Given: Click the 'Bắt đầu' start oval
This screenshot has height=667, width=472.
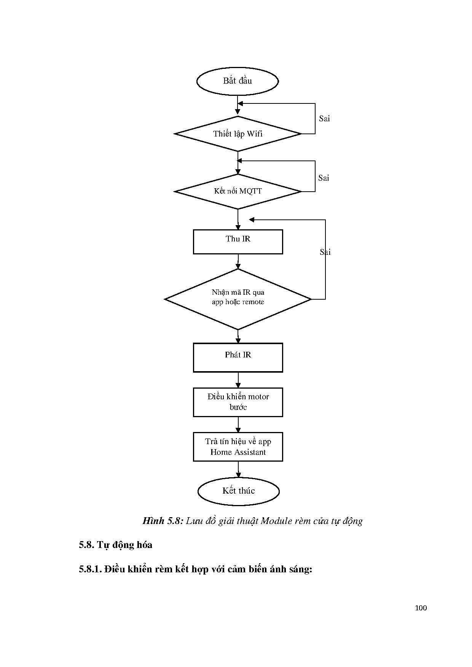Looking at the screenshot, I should [x=238, y=81].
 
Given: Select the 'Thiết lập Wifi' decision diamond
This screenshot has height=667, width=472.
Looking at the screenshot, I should [x=238, y=134].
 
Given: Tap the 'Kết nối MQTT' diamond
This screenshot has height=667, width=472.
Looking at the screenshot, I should [x=238, y=191].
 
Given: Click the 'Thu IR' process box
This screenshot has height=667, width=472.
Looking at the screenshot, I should [x=238, y=241].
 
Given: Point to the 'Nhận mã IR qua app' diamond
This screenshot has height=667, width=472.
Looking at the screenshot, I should [x=238, y=299].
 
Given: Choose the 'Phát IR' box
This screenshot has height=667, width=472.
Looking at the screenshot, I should [x=238, y=357].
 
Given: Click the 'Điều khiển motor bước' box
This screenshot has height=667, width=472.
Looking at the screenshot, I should [x=238, y=402].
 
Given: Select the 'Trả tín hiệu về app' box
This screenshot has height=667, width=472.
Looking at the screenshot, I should [x=238, y=446].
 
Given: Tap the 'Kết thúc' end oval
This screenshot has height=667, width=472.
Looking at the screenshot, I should [x=239, y=491].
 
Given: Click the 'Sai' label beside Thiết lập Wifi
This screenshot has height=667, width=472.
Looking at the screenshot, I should [x=324, y=119].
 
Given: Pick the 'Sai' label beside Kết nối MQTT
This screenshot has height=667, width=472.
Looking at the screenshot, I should [x=324, y=178].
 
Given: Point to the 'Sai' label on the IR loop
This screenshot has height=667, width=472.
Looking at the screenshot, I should [x=325, y=252].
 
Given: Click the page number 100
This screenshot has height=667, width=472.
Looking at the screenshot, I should [x=421, y=608].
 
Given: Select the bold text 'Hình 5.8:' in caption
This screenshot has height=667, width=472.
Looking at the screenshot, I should [x=163, y=521].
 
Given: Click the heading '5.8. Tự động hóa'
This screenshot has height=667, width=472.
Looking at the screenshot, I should [x=116, y=545].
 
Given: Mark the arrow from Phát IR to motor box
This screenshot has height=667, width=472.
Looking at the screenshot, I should [x=238, y=380].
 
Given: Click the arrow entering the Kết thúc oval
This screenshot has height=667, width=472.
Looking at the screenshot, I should [x=238, y=470].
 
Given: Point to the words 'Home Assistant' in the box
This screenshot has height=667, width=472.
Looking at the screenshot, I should [x=238, y=452].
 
